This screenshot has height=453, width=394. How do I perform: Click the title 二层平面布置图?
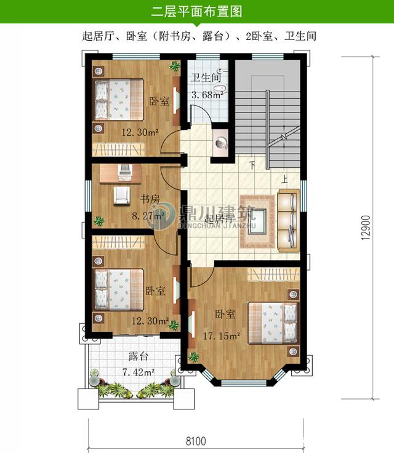tap(196, 10)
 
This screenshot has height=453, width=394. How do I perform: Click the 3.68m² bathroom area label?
tap(206, 95)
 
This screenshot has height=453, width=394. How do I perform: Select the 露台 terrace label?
tap(138, 356)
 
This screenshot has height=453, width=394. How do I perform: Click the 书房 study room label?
tap(150, 199)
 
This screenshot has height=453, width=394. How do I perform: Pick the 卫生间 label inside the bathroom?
tap(206, 78)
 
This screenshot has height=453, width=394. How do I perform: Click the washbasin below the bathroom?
tap(222, 144)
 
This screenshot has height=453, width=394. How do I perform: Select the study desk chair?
tap(122, 195)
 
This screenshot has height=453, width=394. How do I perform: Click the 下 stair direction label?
tap(252, 165)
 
